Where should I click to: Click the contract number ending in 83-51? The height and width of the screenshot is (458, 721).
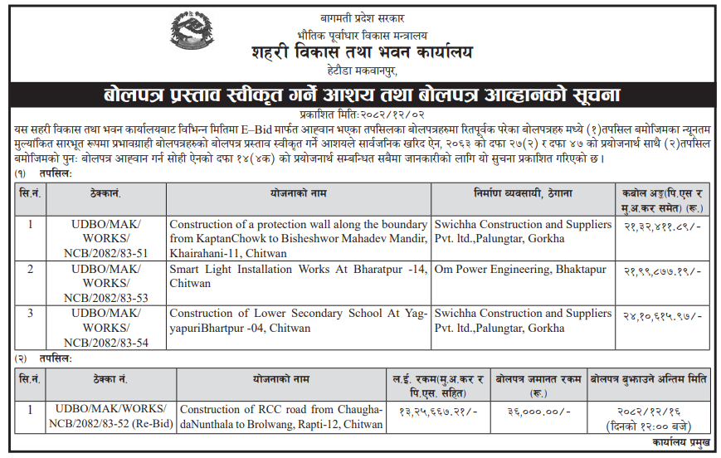coord(106,238)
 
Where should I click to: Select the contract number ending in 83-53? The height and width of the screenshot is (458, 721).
coord(106,283)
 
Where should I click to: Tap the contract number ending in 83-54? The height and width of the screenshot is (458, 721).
coord(106,328)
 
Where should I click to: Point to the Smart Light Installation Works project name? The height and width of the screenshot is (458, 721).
coord(299,276)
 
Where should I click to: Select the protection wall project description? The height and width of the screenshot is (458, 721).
coord(299,238)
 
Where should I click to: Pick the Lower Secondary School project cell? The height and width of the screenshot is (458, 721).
coord(299,321)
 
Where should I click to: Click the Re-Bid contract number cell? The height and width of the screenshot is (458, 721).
coord(111,417)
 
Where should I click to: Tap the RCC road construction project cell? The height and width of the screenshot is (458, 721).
coord(281,417)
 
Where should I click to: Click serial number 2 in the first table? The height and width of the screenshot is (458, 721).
coord(31,270)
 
